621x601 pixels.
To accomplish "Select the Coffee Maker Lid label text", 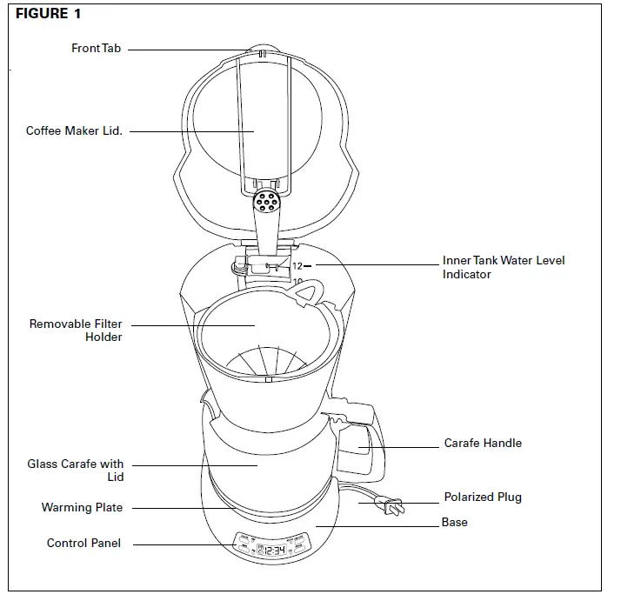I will [x=74, y=131].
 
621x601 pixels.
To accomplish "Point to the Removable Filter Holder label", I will [x=76, y=331].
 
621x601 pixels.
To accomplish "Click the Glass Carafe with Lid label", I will [x=75, y=471].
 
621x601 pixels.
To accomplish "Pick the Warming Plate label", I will [x=82, y=507].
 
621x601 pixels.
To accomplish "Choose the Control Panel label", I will [x=83, y=544].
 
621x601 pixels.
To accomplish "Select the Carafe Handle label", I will [x=483, y=443].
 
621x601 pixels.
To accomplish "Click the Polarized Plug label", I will [x=483, y=497].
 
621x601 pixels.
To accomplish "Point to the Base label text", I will [x=454, y=523].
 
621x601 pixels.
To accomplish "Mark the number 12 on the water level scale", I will [x=297, y=266].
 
